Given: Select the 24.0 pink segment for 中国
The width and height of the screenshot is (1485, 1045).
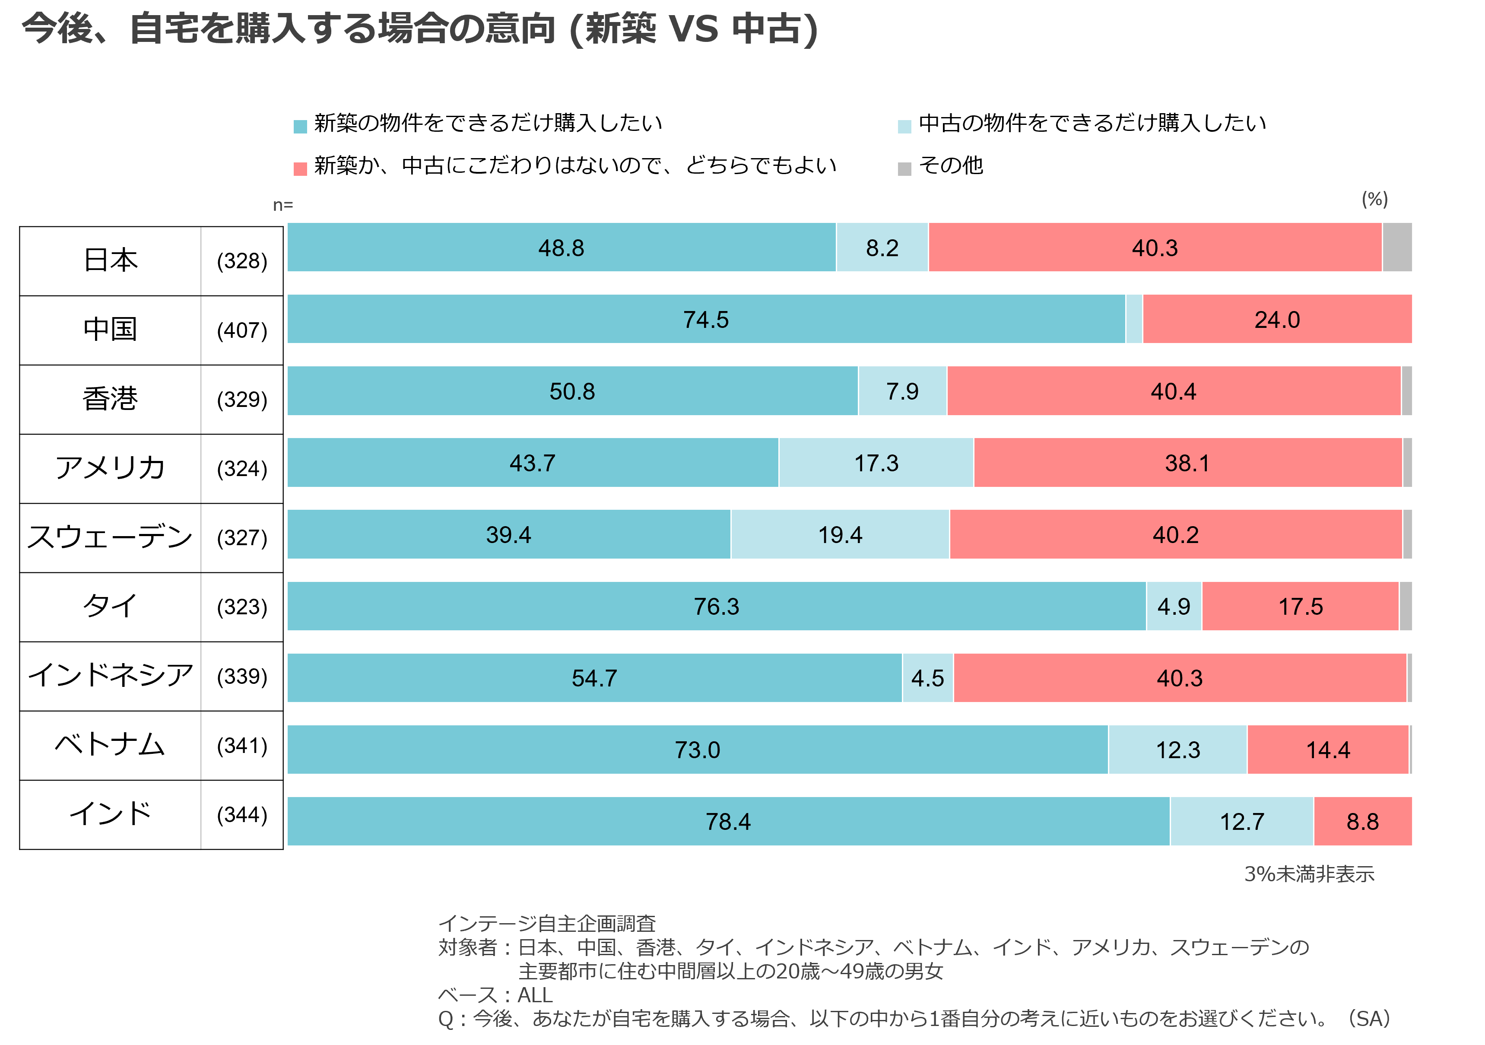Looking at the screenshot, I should pyautogui.click(x=1277, y=320).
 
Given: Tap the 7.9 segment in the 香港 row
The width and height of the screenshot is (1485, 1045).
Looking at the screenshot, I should pyautogui.click(x=902, y=391).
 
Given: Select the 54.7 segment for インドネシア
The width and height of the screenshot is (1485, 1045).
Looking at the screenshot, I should pyautogui.click(x=594, y=678).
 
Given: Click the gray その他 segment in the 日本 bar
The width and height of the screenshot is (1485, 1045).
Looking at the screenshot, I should pyautogui.click(x=1396, y=248).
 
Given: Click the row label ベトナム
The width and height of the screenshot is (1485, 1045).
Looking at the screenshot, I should pyautogui.click(x=110, y=746).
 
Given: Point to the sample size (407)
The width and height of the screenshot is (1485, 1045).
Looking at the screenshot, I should pyautogui.click(x=242, y=330).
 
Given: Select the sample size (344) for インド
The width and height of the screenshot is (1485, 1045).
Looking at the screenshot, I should pyautogui.click(x=242, y=815).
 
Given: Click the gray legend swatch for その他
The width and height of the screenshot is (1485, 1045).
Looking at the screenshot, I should pyautogui.click(x=904, y=169).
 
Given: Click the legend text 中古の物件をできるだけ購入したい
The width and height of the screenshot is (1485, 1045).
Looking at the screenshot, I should pyautogui.click(x=1092, y=123).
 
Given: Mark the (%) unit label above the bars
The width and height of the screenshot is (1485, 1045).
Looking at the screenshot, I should pyautogui.click(x=1374, y=199).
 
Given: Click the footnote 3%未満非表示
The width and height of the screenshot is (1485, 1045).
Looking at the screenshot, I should pyautogui.click(x=1309, y=874).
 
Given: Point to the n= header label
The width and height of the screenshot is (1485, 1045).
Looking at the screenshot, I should pyautogui.click(x=282, y=205).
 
